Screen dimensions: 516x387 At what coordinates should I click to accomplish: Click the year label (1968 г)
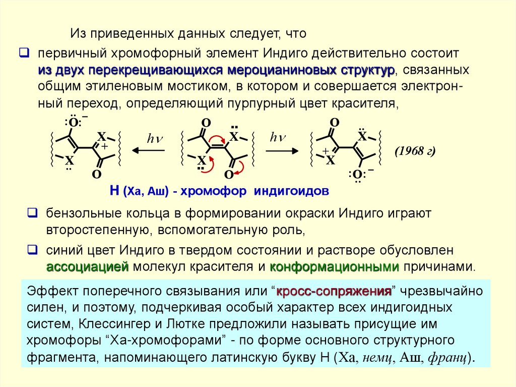click(x=415, y=151)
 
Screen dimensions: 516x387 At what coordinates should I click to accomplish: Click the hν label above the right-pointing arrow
click(x=278, y=137)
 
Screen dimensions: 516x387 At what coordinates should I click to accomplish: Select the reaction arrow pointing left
click(x=149, y=150)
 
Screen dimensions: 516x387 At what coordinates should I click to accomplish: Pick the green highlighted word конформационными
click(x=335, y=267)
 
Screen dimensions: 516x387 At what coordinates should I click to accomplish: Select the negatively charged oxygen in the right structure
click(x=357, y=175)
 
